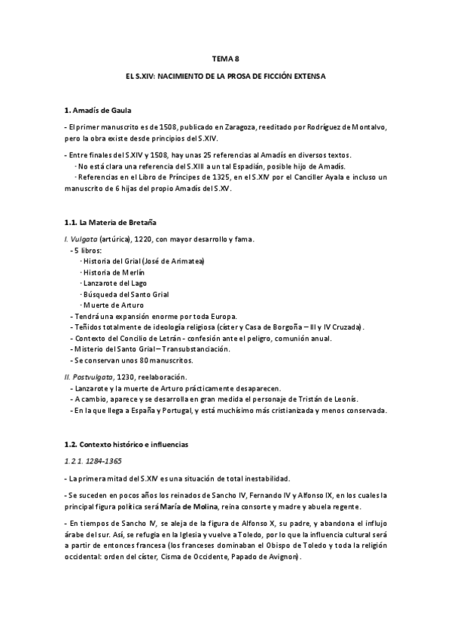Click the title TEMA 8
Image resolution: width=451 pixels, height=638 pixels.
225,58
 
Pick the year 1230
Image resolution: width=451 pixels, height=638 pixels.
130,376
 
